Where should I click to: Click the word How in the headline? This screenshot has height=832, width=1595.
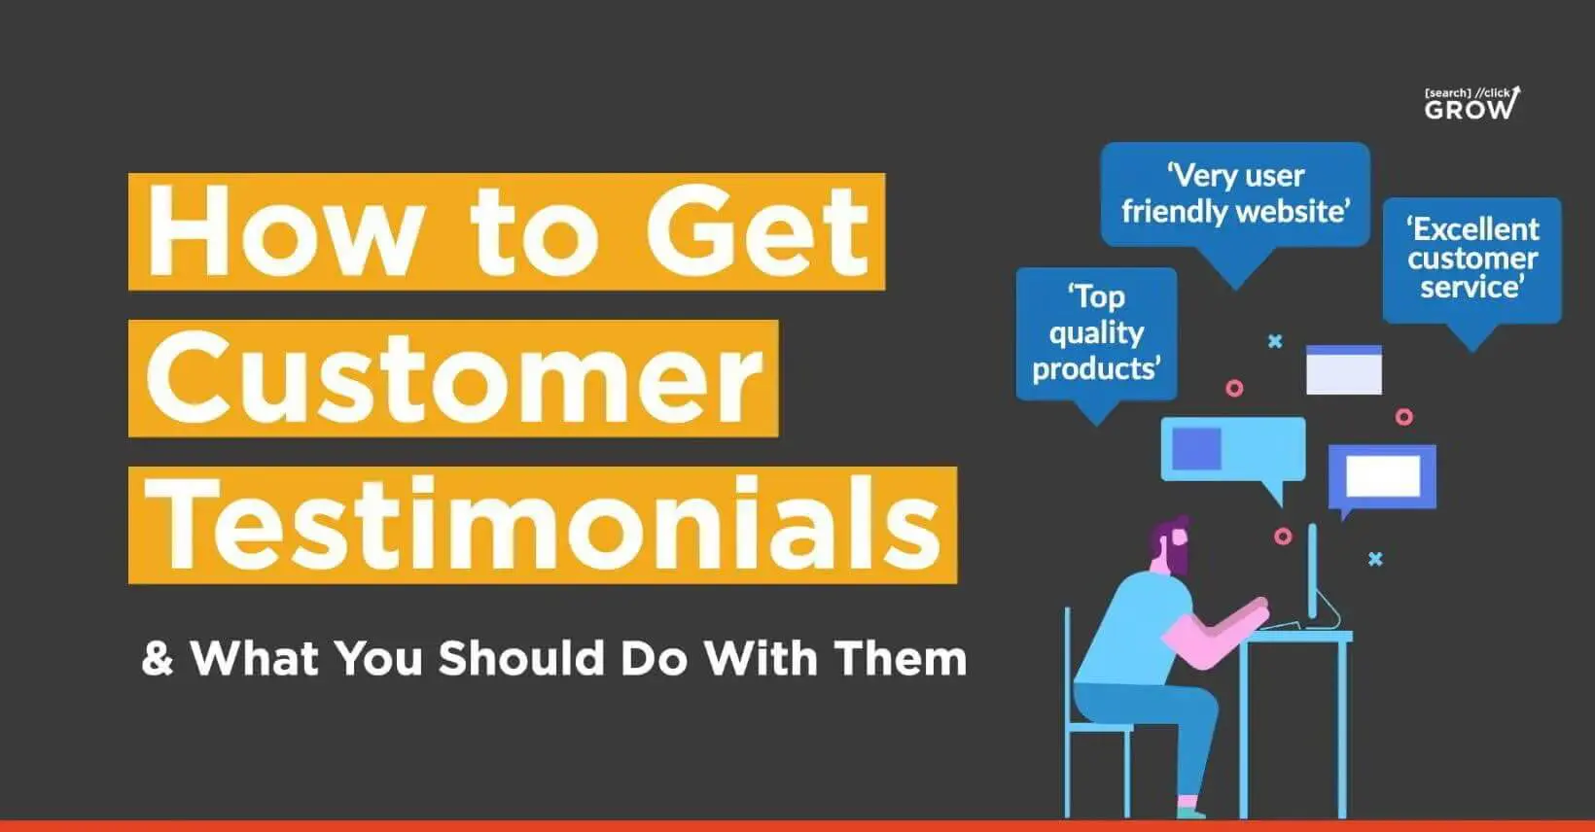click(281, 231)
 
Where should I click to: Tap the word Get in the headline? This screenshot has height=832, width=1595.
click(757, 231)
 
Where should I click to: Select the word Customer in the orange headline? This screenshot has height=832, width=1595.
click(453, 379)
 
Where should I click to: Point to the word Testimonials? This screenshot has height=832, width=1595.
click(543, 525)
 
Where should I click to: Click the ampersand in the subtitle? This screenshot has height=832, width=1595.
click(158, 658)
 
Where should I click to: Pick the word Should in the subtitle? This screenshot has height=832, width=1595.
click(521, 658)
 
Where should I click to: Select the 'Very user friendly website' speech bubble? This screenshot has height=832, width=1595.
click(1235, 195)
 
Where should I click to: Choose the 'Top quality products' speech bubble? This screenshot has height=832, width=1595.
click(1097, 334)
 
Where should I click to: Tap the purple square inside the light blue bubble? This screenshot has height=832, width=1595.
click(1196, 448)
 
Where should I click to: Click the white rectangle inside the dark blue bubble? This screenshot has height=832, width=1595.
click(1383, 475)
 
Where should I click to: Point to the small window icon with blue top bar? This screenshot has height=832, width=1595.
click(1344, 369)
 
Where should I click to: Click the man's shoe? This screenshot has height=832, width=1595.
click(1189, 812)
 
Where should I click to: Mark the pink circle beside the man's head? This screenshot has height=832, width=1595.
click(1283, 536)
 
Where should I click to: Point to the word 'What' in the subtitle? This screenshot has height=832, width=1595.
click(254, 658)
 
